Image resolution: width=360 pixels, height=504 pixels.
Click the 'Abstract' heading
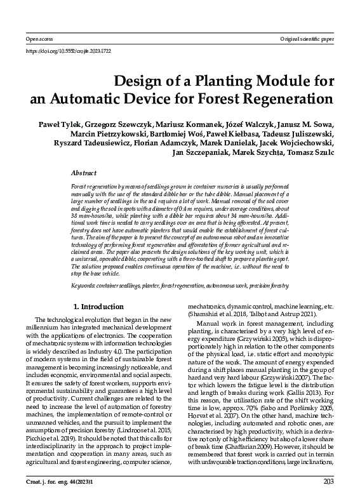pyautogui.click(x=84, y=172)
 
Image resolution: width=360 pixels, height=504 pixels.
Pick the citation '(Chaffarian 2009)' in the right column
pyautogui.click(x=257, y=438)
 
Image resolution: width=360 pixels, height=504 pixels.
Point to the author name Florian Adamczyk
pyautogui.click(x=160, y=143)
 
